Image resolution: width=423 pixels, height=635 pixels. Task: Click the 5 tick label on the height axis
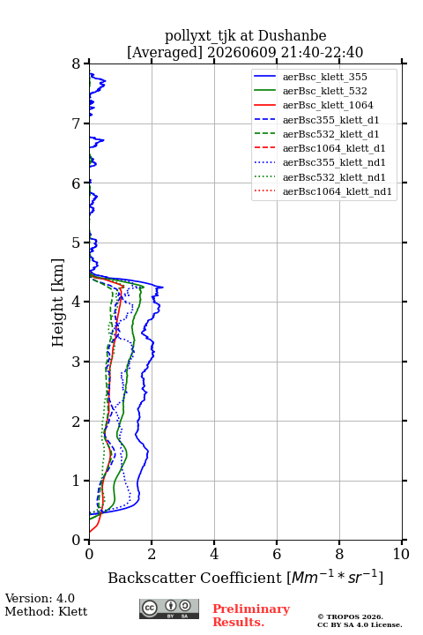[x=77, y=243]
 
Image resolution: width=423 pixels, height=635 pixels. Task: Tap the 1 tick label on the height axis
[x=77, y=481]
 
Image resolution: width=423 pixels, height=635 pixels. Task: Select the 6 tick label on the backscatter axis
[x=277, y=554]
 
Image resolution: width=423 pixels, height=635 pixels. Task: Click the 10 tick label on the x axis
[x=401, y=554]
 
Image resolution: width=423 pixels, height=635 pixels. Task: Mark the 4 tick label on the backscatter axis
[x=214, y=554]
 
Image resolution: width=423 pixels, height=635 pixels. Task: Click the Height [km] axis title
[x=58, y=303]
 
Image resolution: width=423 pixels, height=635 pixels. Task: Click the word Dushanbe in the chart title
[x=293, y=35]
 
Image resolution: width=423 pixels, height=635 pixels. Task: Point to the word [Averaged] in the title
[x=165, y=52]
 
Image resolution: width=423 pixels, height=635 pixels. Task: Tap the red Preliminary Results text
[x=251, y=616]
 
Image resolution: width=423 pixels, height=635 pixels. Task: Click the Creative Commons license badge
[x=169, y=609]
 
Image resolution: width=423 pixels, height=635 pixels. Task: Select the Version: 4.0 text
[x=40, y=599]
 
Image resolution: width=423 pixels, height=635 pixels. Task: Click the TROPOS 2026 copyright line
[x=351, y=616]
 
